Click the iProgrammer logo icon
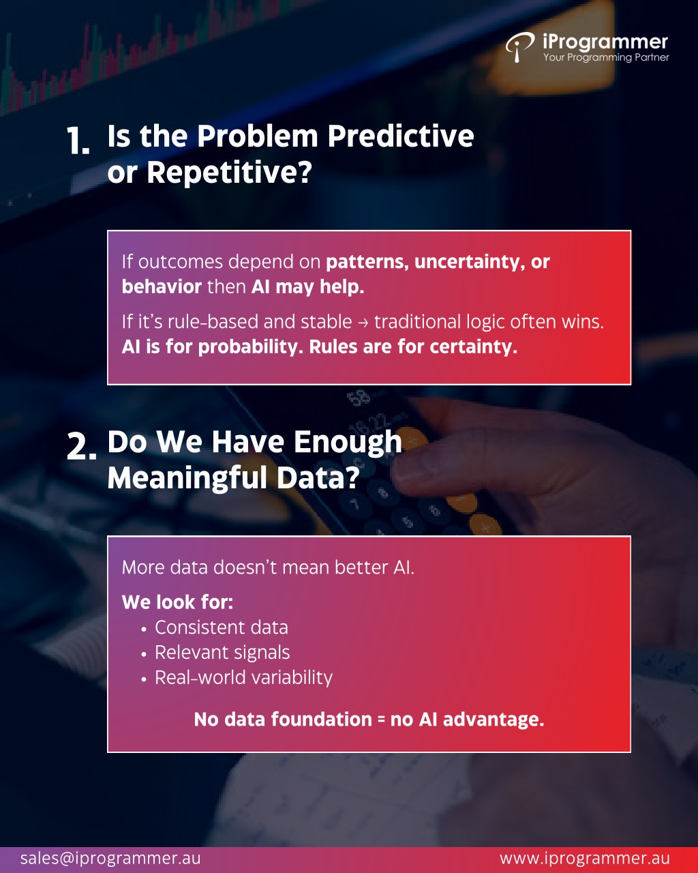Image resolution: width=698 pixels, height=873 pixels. (519, 47)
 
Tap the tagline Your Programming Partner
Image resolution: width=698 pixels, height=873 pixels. (606, 57)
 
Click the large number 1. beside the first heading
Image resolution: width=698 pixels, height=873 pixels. (78, 140)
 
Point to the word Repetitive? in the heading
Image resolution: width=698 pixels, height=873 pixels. (229, 173)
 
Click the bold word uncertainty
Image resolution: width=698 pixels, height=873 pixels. (467, 262)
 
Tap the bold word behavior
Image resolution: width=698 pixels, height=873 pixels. (162, 287)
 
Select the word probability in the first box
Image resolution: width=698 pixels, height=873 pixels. (251, 347)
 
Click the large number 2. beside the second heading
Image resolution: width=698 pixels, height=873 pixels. (82, 446)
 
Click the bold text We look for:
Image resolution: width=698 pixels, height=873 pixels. (178, 602)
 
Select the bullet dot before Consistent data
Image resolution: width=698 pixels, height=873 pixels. (144, 630)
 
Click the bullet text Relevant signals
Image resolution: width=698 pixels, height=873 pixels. (222, 652)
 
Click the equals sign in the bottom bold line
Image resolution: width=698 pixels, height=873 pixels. (380, 720)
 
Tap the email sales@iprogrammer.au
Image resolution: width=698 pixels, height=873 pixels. (110, 858)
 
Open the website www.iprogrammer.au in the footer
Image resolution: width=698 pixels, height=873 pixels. (585, 858)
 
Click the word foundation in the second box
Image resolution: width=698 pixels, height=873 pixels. (322, 720)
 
